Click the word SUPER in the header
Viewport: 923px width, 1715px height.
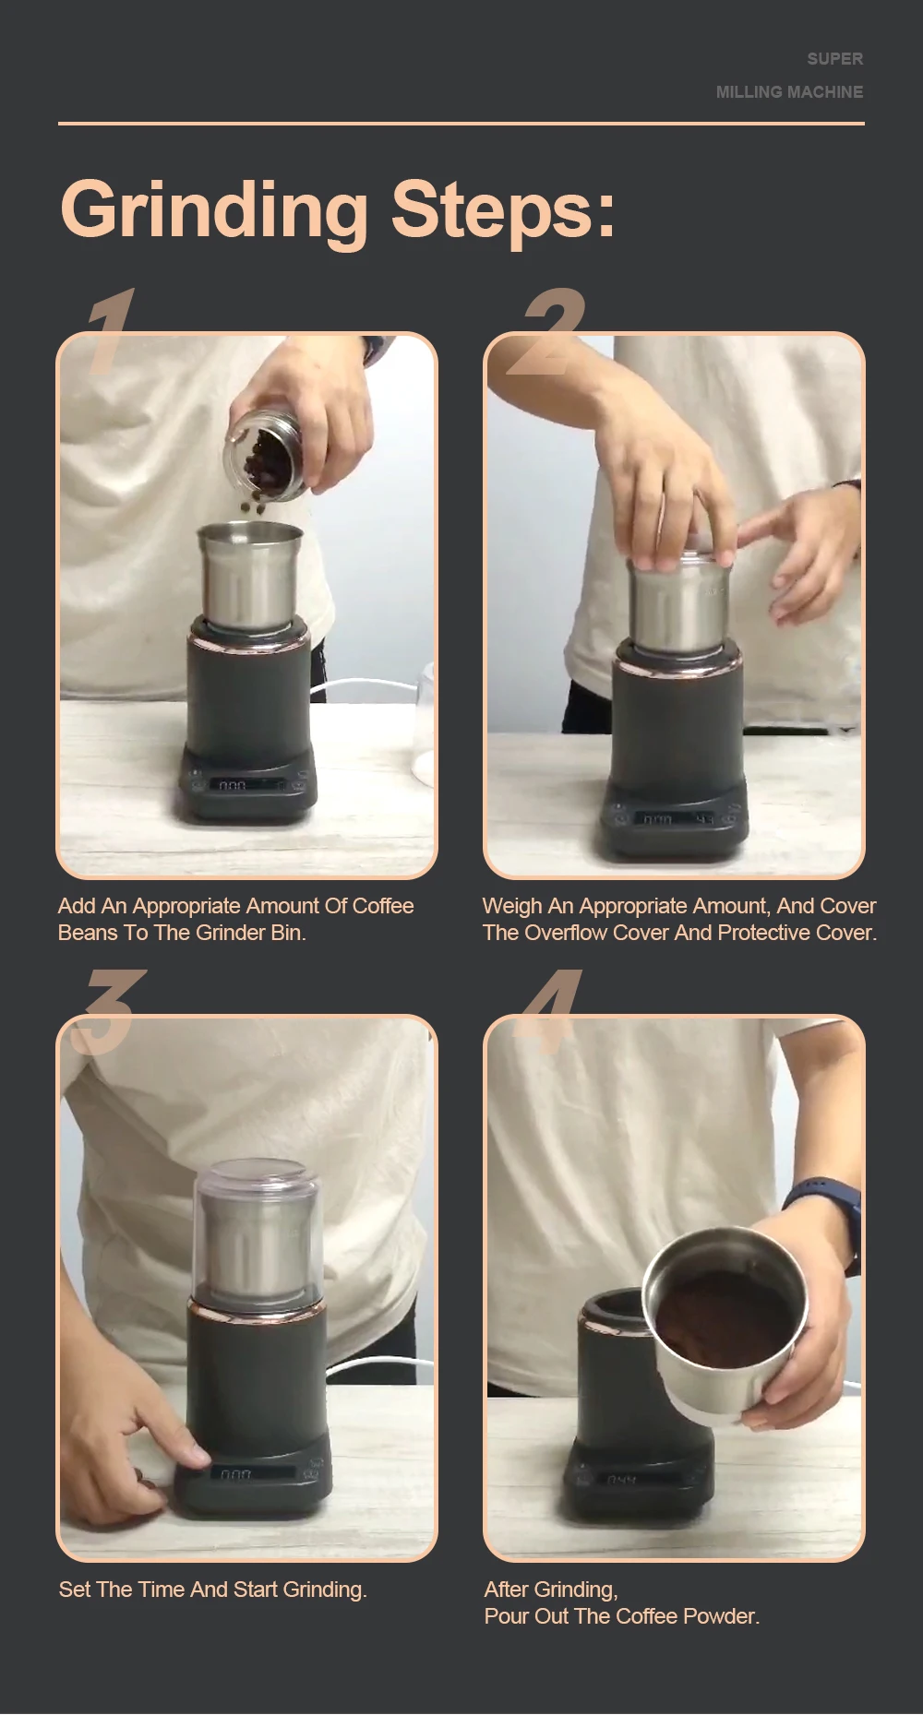tap(835, 59)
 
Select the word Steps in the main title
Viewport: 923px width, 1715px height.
tap(503, 211)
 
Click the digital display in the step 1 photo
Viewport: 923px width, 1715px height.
tap(233, 785)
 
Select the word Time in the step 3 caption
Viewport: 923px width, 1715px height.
tap(160, 1590)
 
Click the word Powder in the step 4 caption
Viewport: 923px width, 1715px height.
tap(723, 1616)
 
